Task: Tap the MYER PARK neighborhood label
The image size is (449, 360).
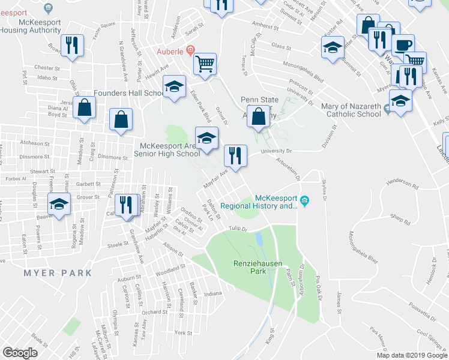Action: [x=58, y=273]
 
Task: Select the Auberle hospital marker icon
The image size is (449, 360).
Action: [x=190, y=50]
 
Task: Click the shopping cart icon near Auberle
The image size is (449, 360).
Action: [x=205, y=63]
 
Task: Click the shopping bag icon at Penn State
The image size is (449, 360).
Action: [x=259, y=116]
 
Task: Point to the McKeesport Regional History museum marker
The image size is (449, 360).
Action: [x=304, y=200]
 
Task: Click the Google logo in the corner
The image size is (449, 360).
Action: [x=20, y=353]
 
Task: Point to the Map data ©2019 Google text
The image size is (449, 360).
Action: [x=411, y=355]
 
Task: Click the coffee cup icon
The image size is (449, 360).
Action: [x=403, y=44]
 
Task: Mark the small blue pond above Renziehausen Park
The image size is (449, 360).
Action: [x=259, y=239]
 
